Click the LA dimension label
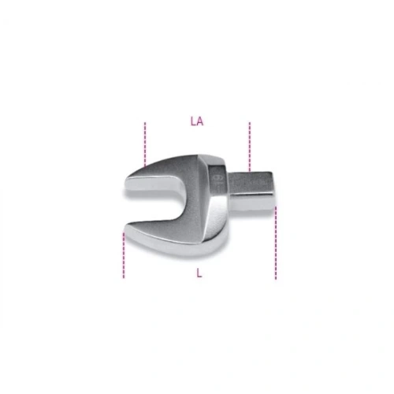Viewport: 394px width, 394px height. click(197, 122)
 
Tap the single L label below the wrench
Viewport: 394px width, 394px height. click(199, 273)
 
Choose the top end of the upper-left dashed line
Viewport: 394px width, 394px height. click(146, 123)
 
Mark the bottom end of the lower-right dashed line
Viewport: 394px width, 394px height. click(276, 278)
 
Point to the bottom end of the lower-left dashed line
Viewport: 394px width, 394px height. click(124, 277)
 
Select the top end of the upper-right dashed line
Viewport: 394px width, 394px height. click(249, 123)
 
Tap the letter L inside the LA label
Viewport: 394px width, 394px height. click(193, 122)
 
